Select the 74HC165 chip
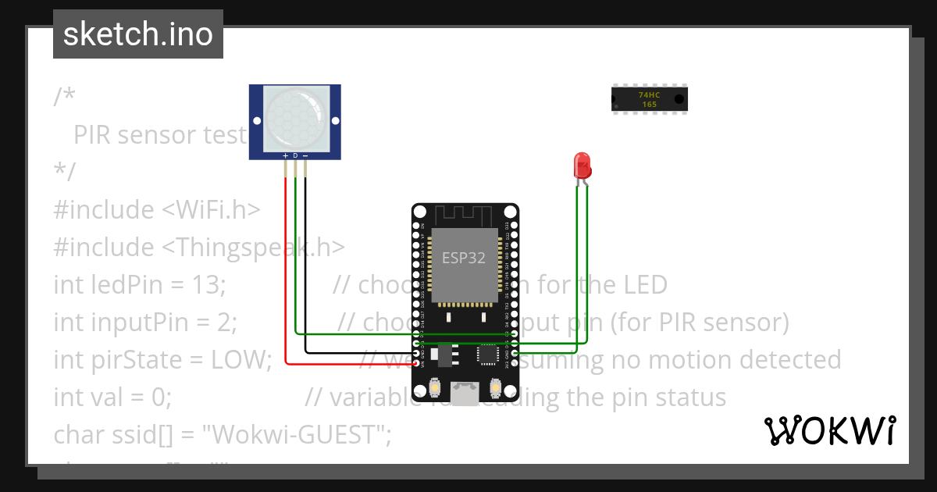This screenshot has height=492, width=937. click(x=649, y=99)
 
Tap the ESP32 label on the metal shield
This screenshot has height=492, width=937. click(x=464, y=258)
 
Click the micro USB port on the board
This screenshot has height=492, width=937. click(x=466, y=394)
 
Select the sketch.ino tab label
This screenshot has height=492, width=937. click(x=138, y=34)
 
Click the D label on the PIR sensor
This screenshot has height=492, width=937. click(x=295, y=156)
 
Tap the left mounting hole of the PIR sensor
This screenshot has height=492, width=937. click(x=256, y=120)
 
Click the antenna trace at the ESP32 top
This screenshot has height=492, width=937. click(x=465, y=213)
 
